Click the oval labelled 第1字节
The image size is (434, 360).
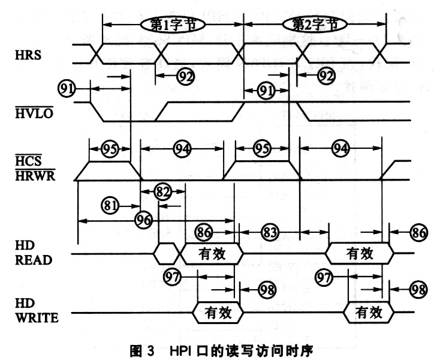173,25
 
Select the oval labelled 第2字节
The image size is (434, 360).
315,25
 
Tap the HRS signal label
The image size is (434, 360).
28,55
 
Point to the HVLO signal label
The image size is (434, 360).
34,113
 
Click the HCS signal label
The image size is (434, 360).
29,160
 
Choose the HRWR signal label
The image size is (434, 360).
35,175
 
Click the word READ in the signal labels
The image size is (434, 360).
34,260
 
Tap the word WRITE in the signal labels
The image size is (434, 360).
37,317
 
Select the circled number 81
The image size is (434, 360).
110,205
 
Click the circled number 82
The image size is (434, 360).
162,191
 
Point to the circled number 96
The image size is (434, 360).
144,221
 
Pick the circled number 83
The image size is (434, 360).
270,232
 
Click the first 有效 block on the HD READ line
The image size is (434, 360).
212,254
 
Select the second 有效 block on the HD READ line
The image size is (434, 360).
360,253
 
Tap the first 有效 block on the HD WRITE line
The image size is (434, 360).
218,313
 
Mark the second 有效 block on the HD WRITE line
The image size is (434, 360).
369,312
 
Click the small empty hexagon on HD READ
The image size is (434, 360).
167,254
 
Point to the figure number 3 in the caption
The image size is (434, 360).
150,351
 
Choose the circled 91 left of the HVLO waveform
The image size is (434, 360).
67,89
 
